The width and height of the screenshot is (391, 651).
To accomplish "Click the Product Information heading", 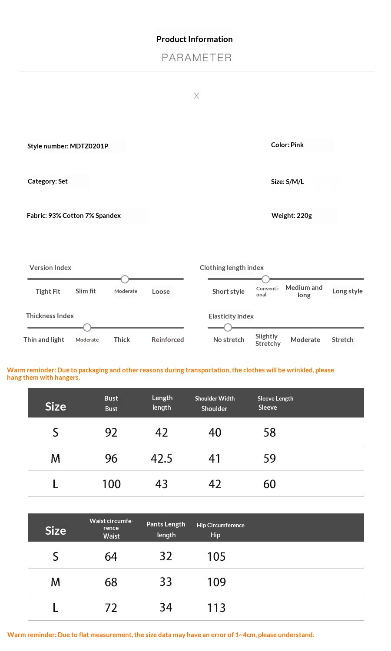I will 194,39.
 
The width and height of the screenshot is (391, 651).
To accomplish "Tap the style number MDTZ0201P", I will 68,146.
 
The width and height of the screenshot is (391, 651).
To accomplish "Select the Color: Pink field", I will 287,145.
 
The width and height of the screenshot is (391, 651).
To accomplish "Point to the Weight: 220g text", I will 292,216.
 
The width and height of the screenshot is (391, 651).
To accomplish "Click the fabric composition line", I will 74,216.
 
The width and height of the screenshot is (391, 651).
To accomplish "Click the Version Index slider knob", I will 125,279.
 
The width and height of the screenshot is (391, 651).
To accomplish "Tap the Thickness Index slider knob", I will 87,327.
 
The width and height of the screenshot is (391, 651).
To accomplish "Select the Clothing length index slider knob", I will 265,279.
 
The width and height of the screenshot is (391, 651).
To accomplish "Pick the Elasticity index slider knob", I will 228,327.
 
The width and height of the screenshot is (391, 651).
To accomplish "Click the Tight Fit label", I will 48,292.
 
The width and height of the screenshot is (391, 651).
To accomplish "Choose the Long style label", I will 347,291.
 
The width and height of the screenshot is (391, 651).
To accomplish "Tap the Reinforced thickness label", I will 168,340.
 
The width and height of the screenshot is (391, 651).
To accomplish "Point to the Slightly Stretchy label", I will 268,340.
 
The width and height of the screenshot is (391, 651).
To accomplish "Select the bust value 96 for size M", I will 111,459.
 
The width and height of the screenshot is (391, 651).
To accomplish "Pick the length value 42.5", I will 162,459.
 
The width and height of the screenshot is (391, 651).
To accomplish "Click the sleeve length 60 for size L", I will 269,484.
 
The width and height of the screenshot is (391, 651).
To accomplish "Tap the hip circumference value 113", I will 216,608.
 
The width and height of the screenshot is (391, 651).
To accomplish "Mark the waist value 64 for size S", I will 111,557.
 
